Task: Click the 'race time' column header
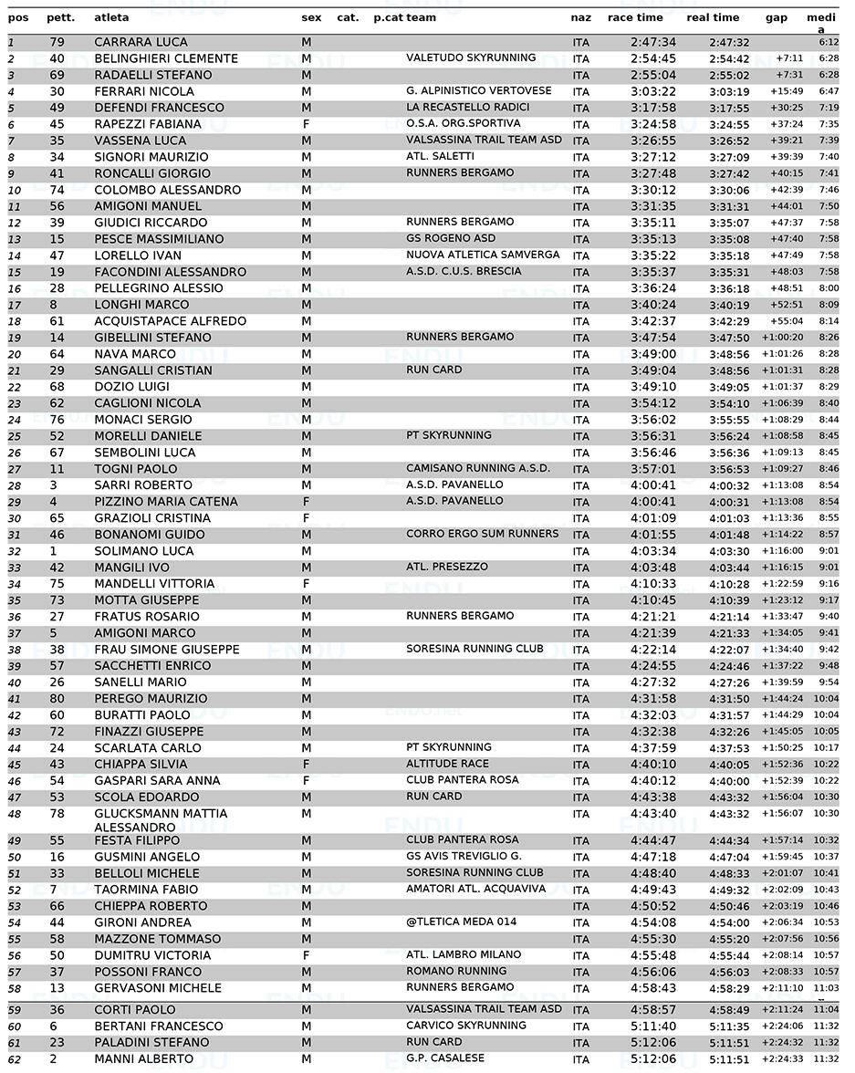click(x=635, y=17)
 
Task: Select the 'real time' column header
click(x=713, y=17)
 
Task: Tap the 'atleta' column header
click(x=111, y=17)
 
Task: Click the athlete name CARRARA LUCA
click(x=141, y=42)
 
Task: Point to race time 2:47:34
click(x=653, y=42)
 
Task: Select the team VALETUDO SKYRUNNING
click(x=471, y=57)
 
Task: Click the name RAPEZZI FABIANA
click(x=148, y=124)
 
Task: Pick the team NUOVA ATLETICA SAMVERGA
click(x=483, y=255)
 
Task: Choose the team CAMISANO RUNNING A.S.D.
click(x=478, y=468)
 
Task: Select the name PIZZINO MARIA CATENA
click(x=165, y=502)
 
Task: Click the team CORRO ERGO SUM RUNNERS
click(x=482, y=534)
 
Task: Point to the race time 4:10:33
click(x=653, y=584)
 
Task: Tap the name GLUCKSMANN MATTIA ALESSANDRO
click(x=161, y=820)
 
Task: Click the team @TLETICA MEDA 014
click(x=461, y=922)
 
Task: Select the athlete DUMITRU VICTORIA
click(x=152, y=955)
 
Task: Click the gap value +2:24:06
click(x=783, y=1026)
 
